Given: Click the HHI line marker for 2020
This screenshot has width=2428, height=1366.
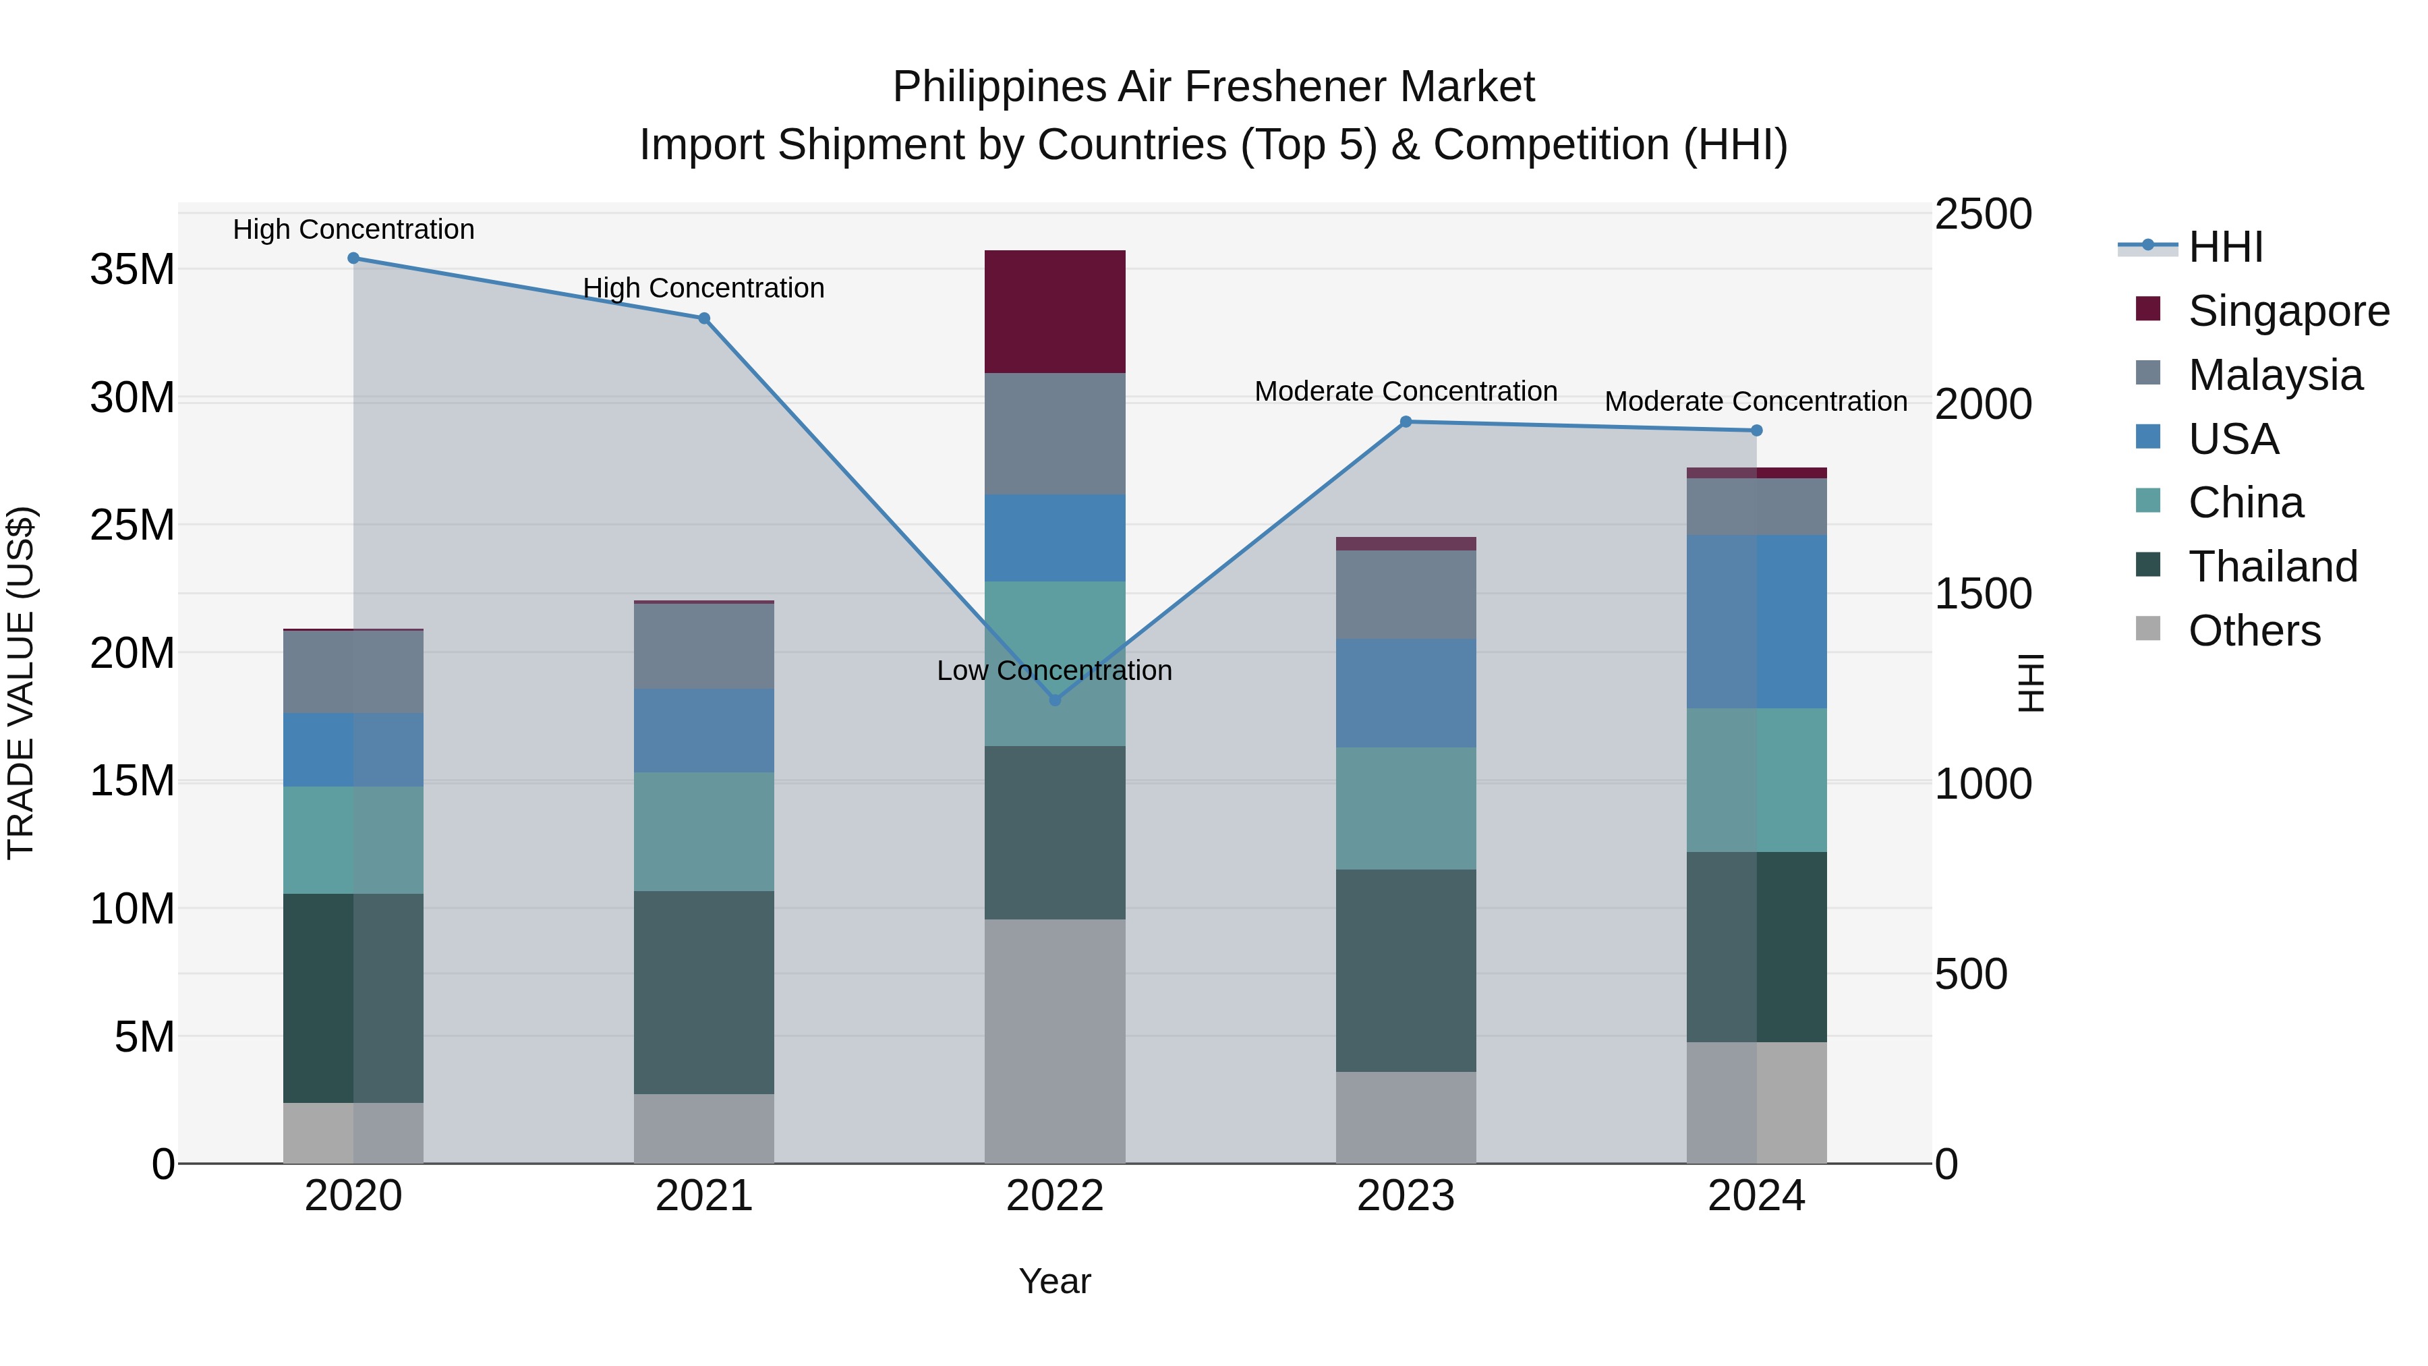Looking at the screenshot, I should [353, 258].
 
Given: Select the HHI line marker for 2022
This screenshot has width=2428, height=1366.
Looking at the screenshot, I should [1055, 700].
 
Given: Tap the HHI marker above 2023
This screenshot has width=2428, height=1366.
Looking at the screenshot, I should [1406, 422].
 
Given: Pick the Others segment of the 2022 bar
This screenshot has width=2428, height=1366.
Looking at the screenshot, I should [1055, 1041].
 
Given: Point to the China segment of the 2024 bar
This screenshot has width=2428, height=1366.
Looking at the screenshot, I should [1756, 780].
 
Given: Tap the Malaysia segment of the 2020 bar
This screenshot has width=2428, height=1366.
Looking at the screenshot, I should [353, 671].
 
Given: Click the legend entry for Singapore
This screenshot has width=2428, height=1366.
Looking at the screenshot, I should [2288, 311].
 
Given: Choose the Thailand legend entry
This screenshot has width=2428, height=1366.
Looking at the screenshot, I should [2272, 567].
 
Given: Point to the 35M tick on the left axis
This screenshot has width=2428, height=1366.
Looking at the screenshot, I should [132, 270].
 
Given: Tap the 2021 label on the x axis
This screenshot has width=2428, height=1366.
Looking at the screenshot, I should [703, 1196].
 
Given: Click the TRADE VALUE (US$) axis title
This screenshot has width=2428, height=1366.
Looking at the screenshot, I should [21, 683].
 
